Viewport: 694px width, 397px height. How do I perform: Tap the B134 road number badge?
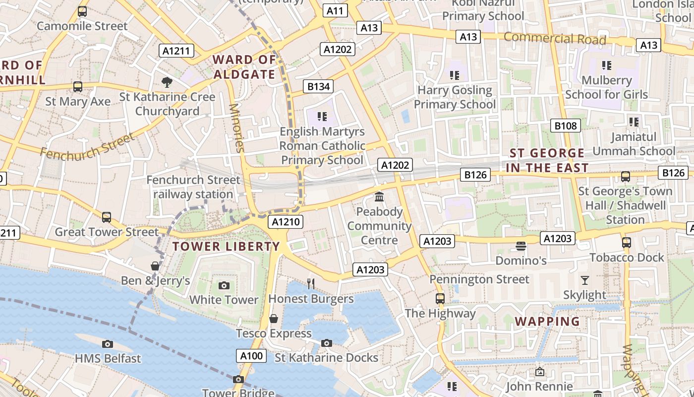(x=318, y=86)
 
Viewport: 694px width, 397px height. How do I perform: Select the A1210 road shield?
(x=286, y=221)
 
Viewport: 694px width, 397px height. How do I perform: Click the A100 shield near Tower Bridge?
(x=251, y=355)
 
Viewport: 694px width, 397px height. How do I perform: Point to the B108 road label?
(x=566, y=126)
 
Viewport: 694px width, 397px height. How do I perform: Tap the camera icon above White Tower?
(x=224, y=285)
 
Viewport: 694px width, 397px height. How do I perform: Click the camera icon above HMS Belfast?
(x=108, y=344)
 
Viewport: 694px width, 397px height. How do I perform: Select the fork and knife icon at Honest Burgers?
(x=311, y=283)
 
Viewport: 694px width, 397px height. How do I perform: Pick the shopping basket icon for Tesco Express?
(x=273, y=319)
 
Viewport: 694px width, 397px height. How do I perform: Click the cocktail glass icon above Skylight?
(x=585, y=280)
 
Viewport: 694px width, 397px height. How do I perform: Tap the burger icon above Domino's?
(x=520, y=246)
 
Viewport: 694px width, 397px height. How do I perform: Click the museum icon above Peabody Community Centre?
(x=379, y=197)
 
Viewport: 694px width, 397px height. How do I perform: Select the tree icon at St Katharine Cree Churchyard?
(x=167, y=82)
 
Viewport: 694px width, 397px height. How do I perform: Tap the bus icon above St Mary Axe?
(x=78, y=87)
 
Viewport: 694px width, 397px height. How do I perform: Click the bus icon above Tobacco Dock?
(x=626, y=243)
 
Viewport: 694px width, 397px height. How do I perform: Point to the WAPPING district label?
(x=547, y=321)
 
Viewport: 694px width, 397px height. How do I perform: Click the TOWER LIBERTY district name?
(x=226, y=246)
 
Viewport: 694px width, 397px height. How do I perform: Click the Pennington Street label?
(x=479, y=279)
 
